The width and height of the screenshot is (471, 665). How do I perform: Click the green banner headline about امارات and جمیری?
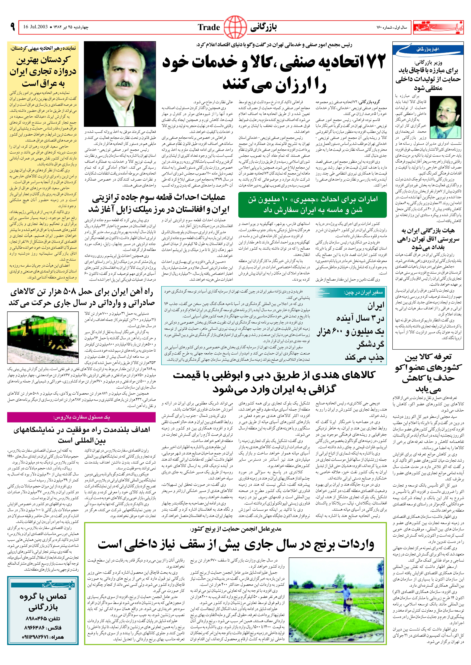(x=312, y=205)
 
